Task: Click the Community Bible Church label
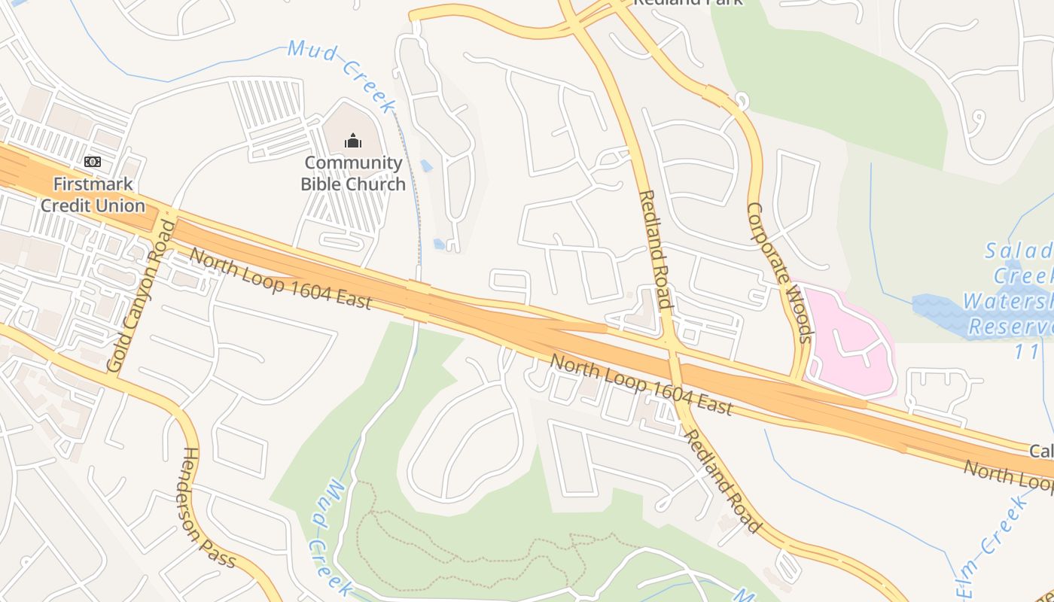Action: coord(352,174)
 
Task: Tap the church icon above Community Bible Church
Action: coord(352,141)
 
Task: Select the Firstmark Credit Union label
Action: coord(93,195)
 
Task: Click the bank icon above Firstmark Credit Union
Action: coord(93,161)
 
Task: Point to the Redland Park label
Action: coord(687,2)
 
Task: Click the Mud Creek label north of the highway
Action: coord(343,76)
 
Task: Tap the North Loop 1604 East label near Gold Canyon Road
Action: coord(280,278)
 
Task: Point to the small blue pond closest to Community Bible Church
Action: coord(426,166)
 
